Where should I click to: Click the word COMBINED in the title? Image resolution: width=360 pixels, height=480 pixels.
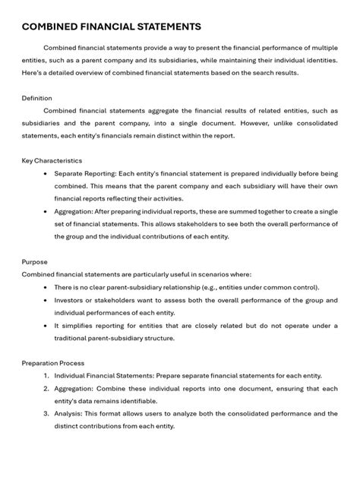[49, 27]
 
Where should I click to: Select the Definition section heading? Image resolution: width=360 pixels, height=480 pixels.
[36, 98]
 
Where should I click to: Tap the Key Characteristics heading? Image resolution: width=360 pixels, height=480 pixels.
[52, 161]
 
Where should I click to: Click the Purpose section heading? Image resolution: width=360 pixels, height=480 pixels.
[34, 261]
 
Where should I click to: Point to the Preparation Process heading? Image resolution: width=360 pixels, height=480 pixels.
[53, 363]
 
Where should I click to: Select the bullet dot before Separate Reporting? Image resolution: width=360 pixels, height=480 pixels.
[47, 174]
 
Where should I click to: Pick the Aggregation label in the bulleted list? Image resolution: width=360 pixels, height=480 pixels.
[76, 211]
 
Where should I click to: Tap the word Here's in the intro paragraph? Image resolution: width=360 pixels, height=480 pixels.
[33, 72]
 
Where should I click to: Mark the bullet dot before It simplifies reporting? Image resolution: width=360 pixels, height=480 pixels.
[47, 325]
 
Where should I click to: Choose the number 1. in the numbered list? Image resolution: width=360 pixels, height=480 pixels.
[46, 376]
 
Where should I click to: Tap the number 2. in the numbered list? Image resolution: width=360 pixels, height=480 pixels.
[46, 388]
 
